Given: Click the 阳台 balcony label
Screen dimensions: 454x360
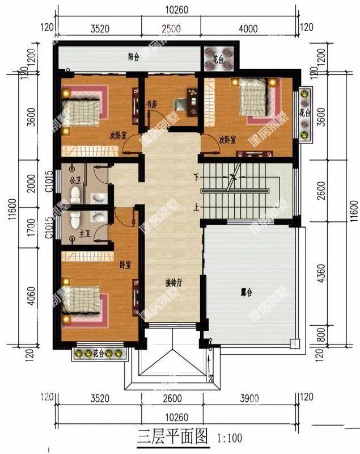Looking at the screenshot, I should [134, 57].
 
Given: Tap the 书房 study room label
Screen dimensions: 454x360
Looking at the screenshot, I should [151, 104].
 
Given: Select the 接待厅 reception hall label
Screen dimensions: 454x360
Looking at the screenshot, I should [173, 282].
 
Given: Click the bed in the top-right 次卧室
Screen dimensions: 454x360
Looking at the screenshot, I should [253, 97].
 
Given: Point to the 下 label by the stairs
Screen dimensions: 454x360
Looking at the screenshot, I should [197, 176].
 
